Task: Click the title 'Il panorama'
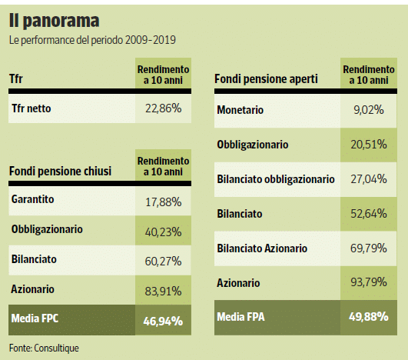click(54, 21)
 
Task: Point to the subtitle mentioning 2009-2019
click(92, 40)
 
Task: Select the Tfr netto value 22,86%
click(163, 108)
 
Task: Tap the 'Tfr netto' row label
click(32, 108)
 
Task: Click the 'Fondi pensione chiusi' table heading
click(60, 171)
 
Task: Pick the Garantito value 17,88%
click(163, 202)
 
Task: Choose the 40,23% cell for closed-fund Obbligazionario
click(163, 232)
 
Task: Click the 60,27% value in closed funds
click(163, 262)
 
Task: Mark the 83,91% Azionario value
click(163, 292)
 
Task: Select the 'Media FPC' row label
click(35, 318)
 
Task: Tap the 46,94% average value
click(163, 322)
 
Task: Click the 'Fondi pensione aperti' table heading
click(266, 79)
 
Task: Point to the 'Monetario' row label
click(240, 110)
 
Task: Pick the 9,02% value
click(369, 110)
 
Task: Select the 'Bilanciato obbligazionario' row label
click(276, 179)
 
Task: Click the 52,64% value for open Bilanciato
click(369, 214)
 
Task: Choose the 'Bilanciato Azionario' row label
click(262, 248)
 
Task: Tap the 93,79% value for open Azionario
click(369, 282)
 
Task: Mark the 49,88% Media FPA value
click(369, 317)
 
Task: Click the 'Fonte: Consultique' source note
click(44, 348)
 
